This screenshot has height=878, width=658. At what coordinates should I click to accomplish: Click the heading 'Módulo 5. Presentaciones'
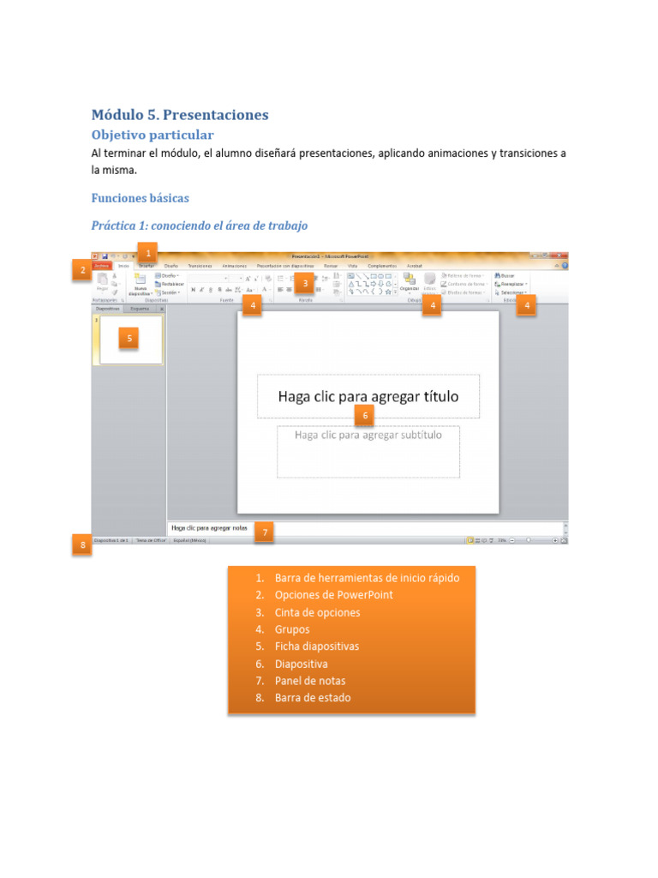[180, 114]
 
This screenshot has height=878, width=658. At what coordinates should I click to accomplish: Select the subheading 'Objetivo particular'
[153, 135]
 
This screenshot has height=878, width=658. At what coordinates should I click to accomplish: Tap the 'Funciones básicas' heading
[141, 198]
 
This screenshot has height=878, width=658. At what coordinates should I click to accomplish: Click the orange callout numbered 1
[148, 253]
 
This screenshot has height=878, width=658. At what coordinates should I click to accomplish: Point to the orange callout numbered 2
[82, 271]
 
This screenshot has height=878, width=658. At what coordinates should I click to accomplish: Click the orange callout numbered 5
[129, 339]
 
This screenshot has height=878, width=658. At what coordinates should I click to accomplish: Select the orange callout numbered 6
[365, 416]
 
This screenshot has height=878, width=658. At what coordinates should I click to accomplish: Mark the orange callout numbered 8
[82, 544]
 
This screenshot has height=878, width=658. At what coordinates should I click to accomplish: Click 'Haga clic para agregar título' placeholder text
[368, 396]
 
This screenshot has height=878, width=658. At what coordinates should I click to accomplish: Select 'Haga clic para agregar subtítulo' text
[368, 435]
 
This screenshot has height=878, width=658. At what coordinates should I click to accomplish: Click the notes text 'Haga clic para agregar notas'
[208, 528]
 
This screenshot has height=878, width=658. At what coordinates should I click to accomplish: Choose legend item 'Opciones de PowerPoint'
[334, 595]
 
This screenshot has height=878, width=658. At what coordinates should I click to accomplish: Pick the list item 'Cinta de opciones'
[317, 612]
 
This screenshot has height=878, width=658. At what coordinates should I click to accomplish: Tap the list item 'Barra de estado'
[313, 698]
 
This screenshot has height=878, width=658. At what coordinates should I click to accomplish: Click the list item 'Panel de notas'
[310, 681]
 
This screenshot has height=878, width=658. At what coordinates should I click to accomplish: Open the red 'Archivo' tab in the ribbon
[103, 266]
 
